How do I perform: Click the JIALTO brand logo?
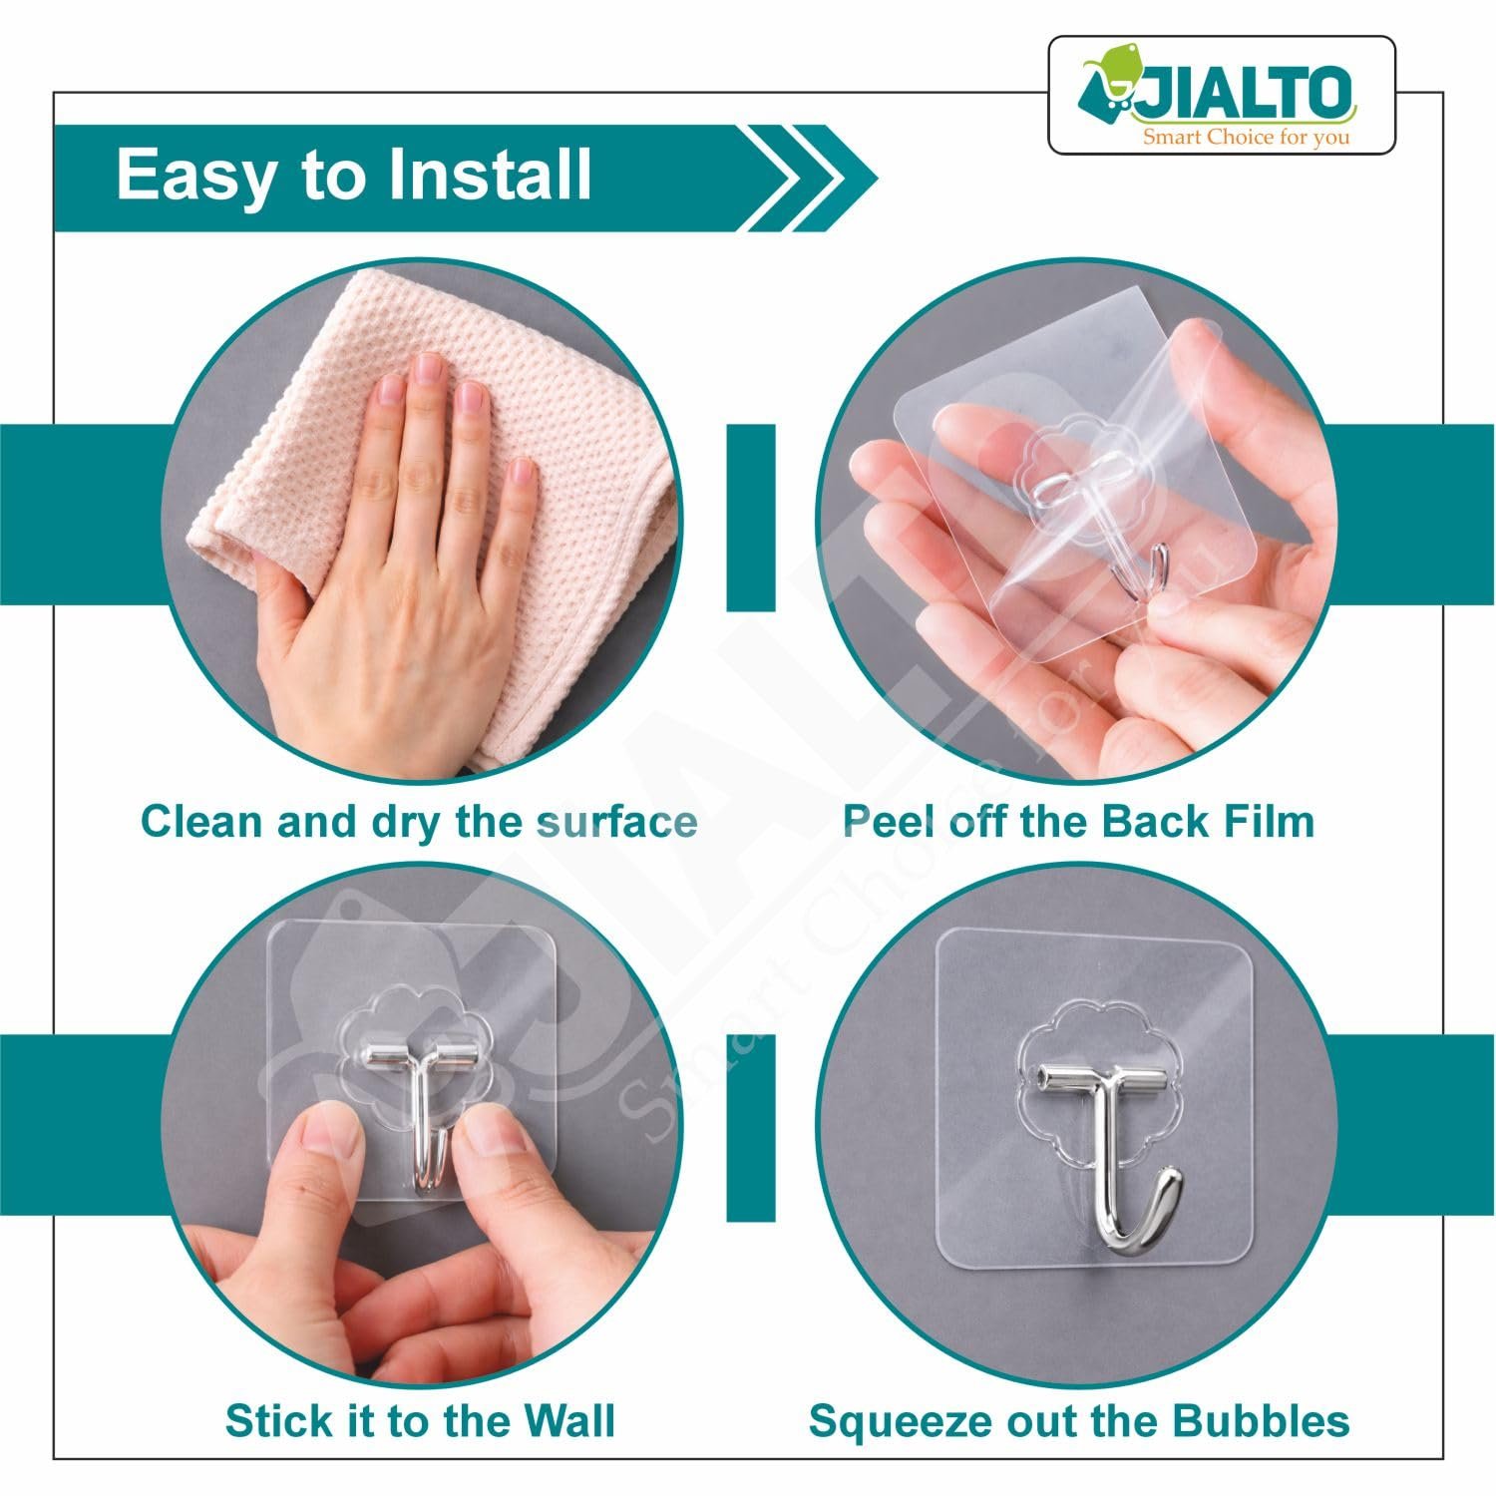pos(1221,95)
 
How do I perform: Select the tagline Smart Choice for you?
pos(1247,136)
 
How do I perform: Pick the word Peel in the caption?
pos(890,822)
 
